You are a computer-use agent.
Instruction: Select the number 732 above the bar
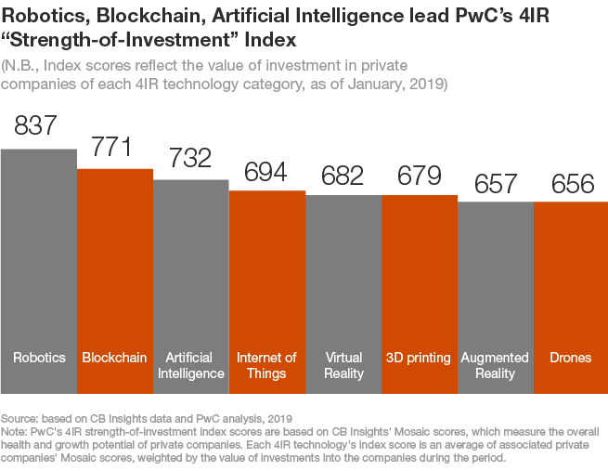[x=190, y=160]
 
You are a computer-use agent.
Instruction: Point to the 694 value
[x=266, y=172]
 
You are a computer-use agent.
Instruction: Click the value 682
[x=343, y=177]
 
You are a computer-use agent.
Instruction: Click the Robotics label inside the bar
[x=38, y=358]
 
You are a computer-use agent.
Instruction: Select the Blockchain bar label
[x=114, y=358]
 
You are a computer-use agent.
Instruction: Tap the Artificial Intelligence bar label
[x=190, y=365]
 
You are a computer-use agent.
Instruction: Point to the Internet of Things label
[x=266, y=365]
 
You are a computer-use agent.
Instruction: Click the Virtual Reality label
[x=343, y=365]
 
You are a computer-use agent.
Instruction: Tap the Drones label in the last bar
[x=572, y=358]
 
